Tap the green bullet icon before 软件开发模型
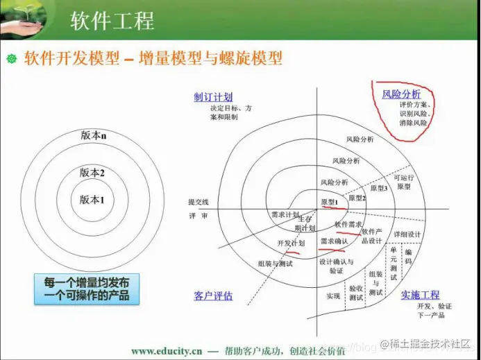point(10,58)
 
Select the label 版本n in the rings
point(93,136)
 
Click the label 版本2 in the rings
point(92,172)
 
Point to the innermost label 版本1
point(92,200)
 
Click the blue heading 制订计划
point(213,97)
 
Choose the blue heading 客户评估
point(213,296)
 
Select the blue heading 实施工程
point(420,295)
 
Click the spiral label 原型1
point(330,201)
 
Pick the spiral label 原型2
point(357,198)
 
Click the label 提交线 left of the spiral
point(198,202)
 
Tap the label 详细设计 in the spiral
point(407,234)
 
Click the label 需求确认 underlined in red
point(333,241)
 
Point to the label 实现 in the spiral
point(333,296)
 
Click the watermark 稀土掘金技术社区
point(431,343)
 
